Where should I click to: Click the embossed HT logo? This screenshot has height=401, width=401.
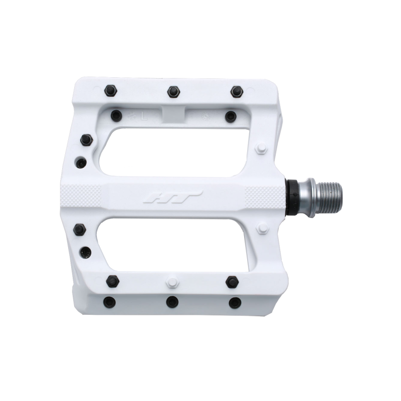pos(173,197)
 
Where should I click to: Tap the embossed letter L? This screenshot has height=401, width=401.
pos(144,116)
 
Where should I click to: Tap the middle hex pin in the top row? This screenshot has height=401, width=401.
pos(174,92)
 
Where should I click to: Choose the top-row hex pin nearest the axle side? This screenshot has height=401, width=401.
pos(237,92)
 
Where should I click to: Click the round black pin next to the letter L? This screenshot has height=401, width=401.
pos(116,115)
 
